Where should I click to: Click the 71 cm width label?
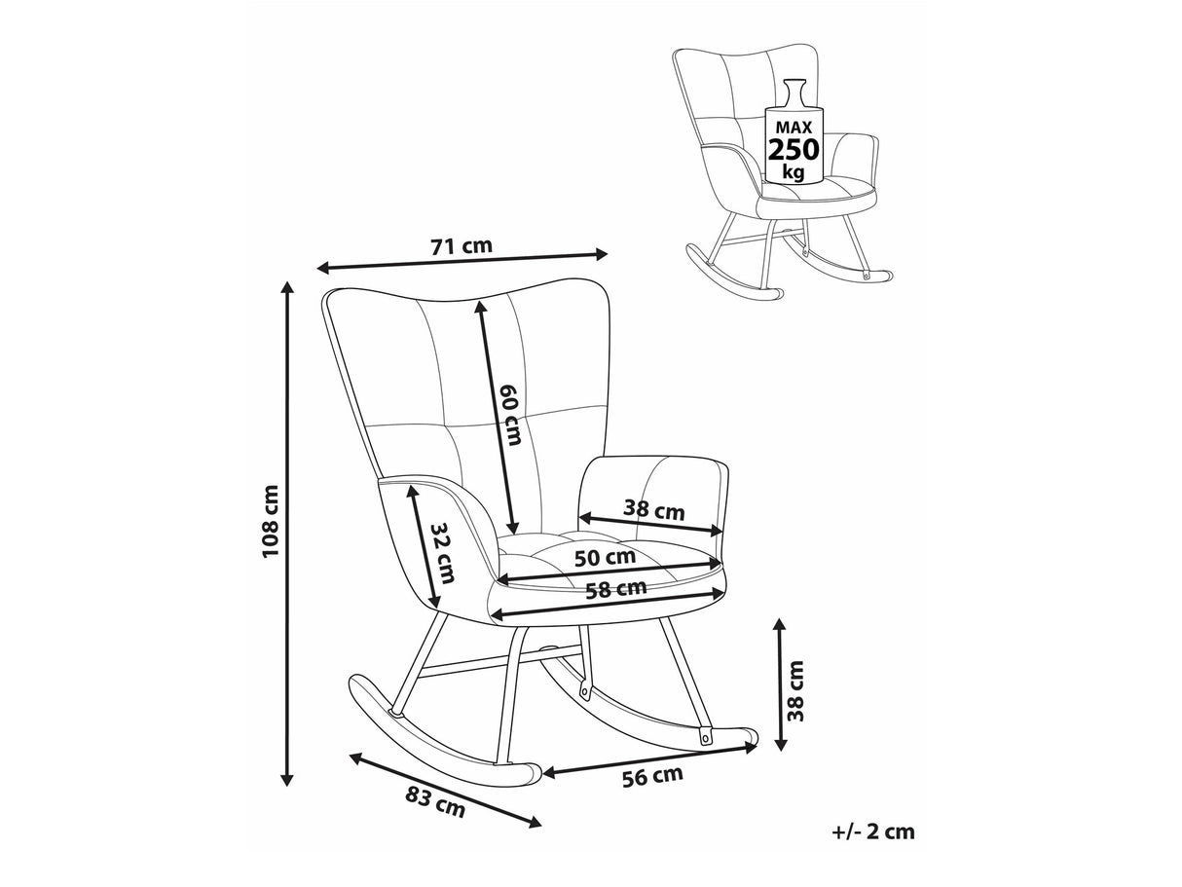pyautogui.click(x=462, y=246)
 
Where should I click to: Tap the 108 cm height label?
pyautogui.click(x=270, y=521)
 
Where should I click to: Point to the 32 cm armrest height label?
pyautogui.click(x=444, y=554)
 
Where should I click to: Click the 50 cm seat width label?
pyautogui.click(x=605, y=557)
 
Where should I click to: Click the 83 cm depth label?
pyautogui.click(x=435, y=804)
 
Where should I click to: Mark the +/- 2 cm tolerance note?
pyautogui.click(x=873, y=832)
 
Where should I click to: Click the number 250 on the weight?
pyautogui.click(x=794, y=149)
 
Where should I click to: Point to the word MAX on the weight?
pyautogui.click(x=794, y=128)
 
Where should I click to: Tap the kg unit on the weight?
pyautogui.click(x=794, y=172)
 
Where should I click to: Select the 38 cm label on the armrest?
pyautogui.click(x=653, y=509)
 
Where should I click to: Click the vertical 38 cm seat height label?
pyautogui.click(x=794, y=690)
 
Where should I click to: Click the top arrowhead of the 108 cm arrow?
pyautogui.click(x=287, y=287)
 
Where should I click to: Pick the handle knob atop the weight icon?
pyautogui.click(x=794, y=85)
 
